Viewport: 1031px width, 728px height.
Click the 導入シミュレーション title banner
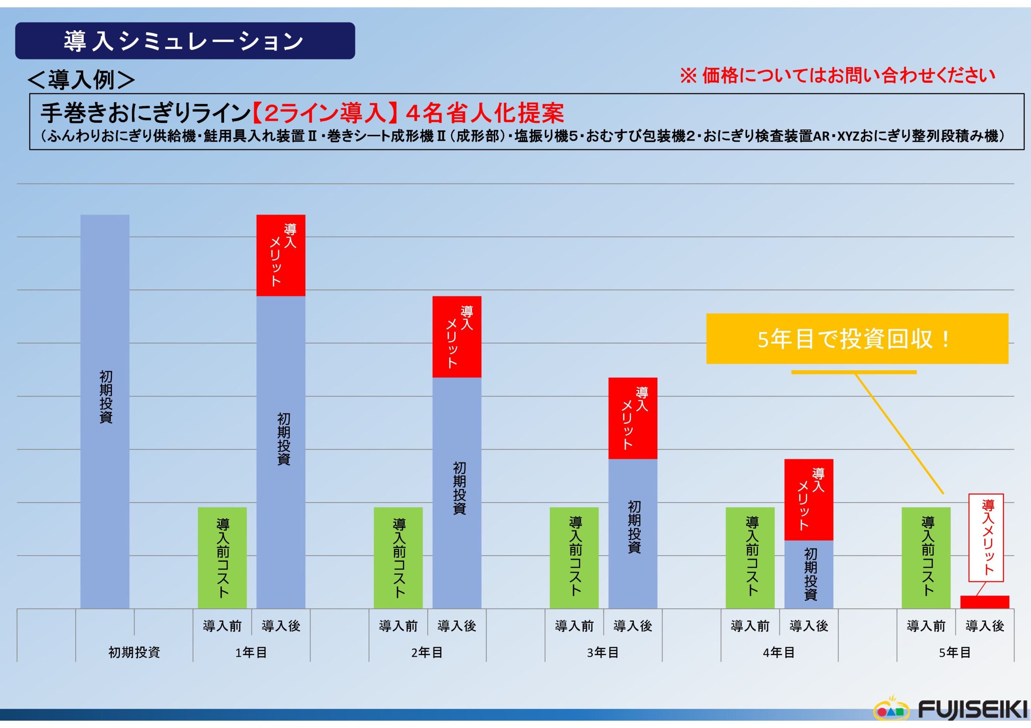(184, 41)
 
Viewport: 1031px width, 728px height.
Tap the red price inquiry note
(837, 75)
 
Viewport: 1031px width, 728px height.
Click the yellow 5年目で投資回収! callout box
(857, 339)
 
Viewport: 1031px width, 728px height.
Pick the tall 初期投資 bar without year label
(105, 411)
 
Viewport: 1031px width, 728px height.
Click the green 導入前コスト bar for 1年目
(222, 557)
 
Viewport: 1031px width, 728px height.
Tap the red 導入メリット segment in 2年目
(457, 336)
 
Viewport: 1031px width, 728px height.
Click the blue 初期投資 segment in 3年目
(633, 533)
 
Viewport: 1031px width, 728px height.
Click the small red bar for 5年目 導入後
(985, 602)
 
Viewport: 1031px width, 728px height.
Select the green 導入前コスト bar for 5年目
(926, 557)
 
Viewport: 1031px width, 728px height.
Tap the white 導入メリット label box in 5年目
(986, 537)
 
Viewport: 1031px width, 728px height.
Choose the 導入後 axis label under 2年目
(457, 626)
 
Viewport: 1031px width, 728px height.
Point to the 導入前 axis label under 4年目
(750, 626)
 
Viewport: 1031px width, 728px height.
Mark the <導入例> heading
(81, 79)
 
